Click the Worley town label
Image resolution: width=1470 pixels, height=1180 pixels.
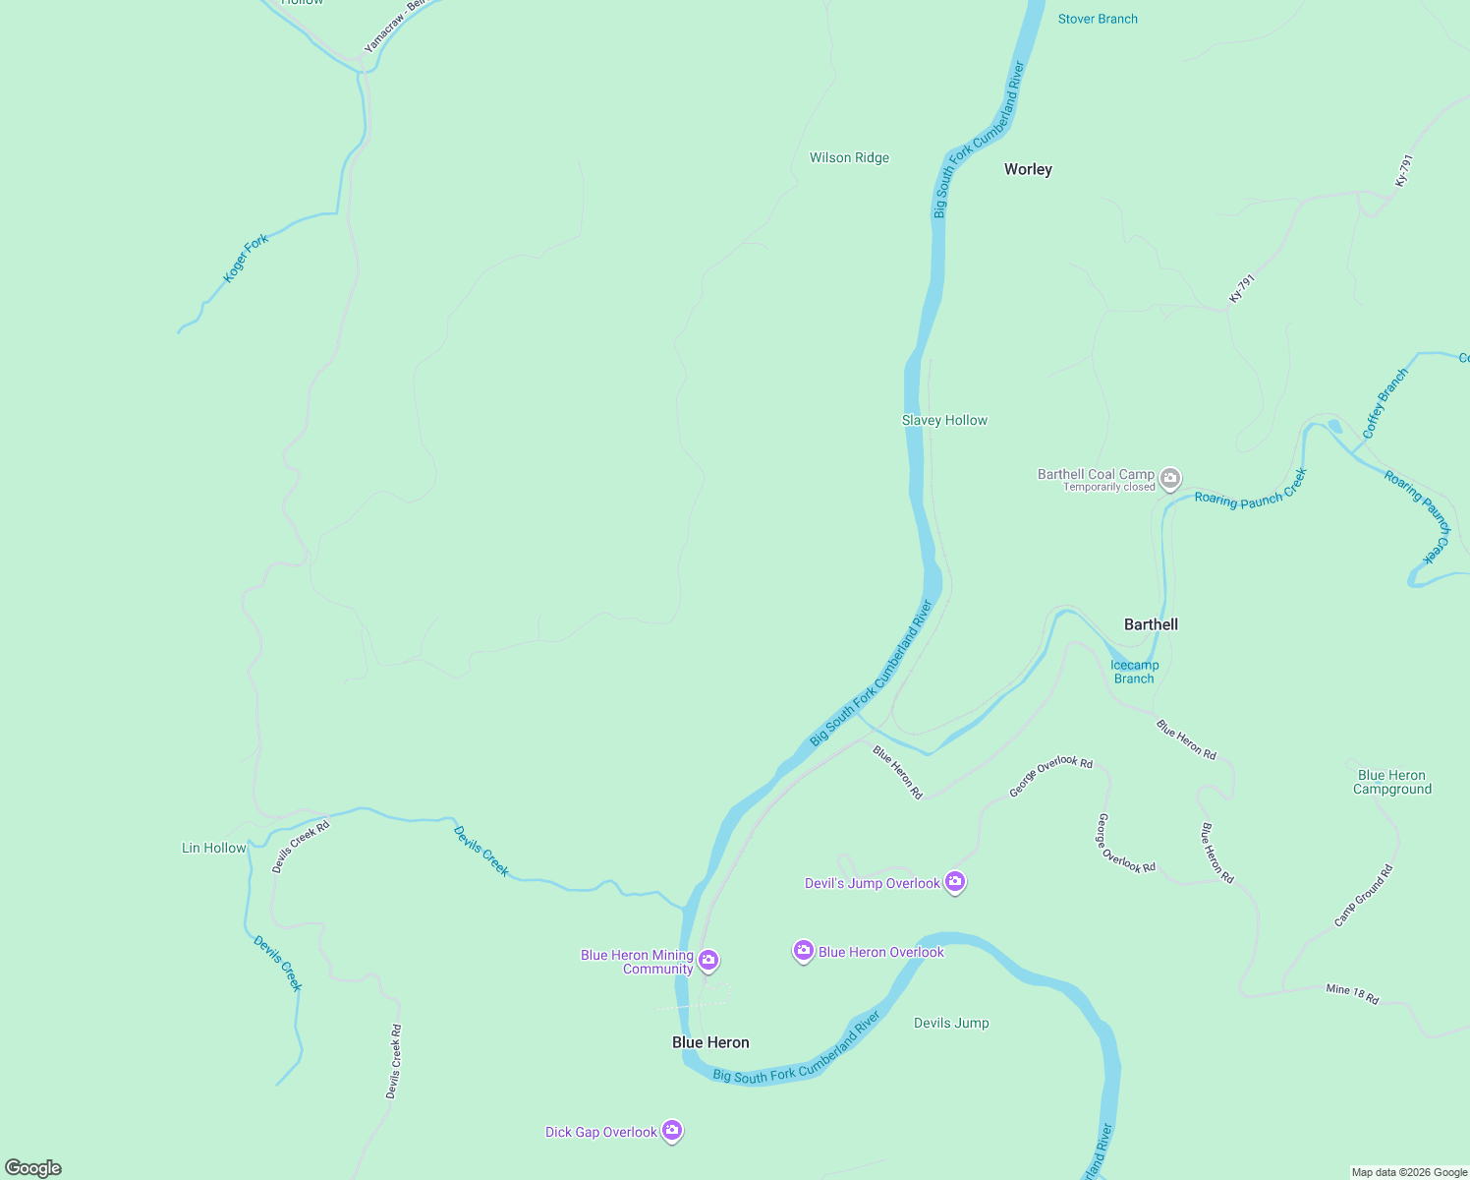pyautogui.click(x=1028, y=169)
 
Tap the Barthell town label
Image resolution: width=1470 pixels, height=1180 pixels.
pyautogui.click(x=1151, y=624)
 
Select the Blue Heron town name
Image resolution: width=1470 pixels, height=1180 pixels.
pyautogui.click(x=710, y=1042)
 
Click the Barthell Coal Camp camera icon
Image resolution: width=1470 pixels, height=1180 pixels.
pyautogui.click(x=1169, y=479)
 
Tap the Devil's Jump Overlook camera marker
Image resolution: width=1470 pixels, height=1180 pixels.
pyautogui.click(x=954, y=882)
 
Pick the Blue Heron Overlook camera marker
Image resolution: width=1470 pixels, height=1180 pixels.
pyautogui.click(x=804, y=951)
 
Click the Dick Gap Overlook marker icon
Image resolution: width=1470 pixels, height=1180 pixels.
pyautogui.click(x=672, y=1131)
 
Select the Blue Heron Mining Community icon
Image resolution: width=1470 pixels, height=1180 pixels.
pyautogui.click(x=708, y=960)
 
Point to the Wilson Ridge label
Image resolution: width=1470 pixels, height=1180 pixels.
pyautogui.click(x=849, y=157)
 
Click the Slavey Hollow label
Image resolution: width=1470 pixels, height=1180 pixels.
pyautogui.click(x=944, y=420)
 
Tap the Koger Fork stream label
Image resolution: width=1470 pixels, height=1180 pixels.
pyautogui.click(x=246, y=259)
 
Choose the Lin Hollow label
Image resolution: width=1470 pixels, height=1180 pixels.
pyautogui.click(x=214, y=848)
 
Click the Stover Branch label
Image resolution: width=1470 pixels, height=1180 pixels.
pyautogui.click(x=1098, y=19)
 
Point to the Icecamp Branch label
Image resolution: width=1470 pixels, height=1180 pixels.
pyautogui.click(x=1134, y=672)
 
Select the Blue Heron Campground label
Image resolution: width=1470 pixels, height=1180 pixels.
pyautogui.click(x=1391, y=782)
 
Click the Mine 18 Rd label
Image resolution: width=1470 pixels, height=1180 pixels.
pyautogui.click(x=1352, y=994)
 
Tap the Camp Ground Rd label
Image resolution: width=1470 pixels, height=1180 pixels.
pyautogui.click(x=1363, y=896)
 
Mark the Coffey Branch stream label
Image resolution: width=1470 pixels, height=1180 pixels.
pyautogui.click(x=1385, y=403)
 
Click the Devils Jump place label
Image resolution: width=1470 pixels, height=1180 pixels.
pyautogui.click(x=951, y=1023)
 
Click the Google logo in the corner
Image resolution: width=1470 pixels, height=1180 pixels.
pyautogui.click(x=33, y=1168)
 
